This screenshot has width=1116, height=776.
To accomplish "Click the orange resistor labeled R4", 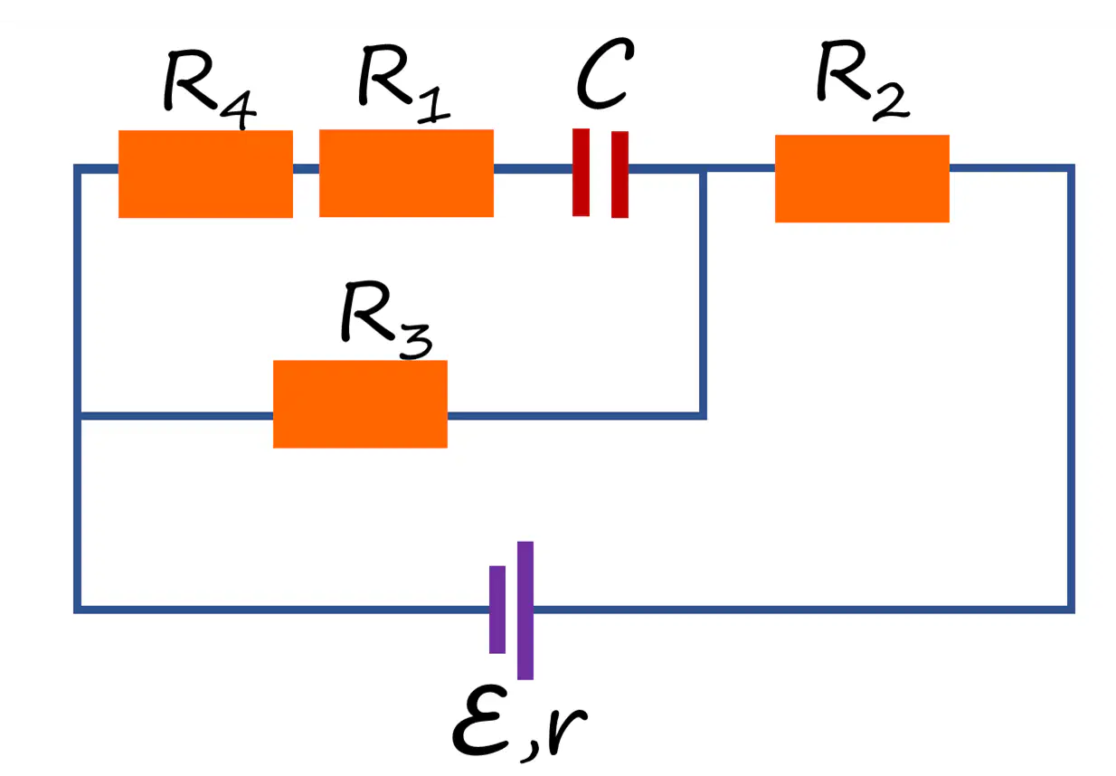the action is coord(205,174).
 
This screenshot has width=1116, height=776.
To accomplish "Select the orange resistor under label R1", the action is coord(406,173).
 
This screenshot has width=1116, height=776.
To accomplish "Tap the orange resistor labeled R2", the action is coord(862,178).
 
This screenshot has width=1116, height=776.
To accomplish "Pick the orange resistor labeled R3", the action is coord(360,404).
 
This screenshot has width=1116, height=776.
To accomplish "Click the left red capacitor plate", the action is coord(581,173).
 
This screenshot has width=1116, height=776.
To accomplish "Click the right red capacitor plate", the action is coord(619,175).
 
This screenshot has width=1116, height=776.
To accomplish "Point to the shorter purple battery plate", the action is coord(497,610).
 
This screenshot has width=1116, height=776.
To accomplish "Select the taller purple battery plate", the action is coord(525,610).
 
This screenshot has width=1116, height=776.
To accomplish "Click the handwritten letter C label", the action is coord(605,72).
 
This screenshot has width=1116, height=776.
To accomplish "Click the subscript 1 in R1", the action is coord(433,104).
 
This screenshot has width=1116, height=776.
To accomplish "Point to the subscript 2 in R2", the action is coord(891,101).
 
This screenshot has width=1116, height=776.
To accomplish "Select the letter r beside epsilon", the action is coord(566,729).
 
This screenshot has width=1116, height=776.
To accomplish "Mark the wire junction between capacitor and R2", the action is coord(703,168).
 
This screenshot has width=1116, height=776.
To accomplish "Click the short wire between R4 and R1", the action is coord(306,168).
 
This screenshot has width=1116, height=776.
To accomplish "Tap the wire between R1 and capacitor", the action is coord(533,168).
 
